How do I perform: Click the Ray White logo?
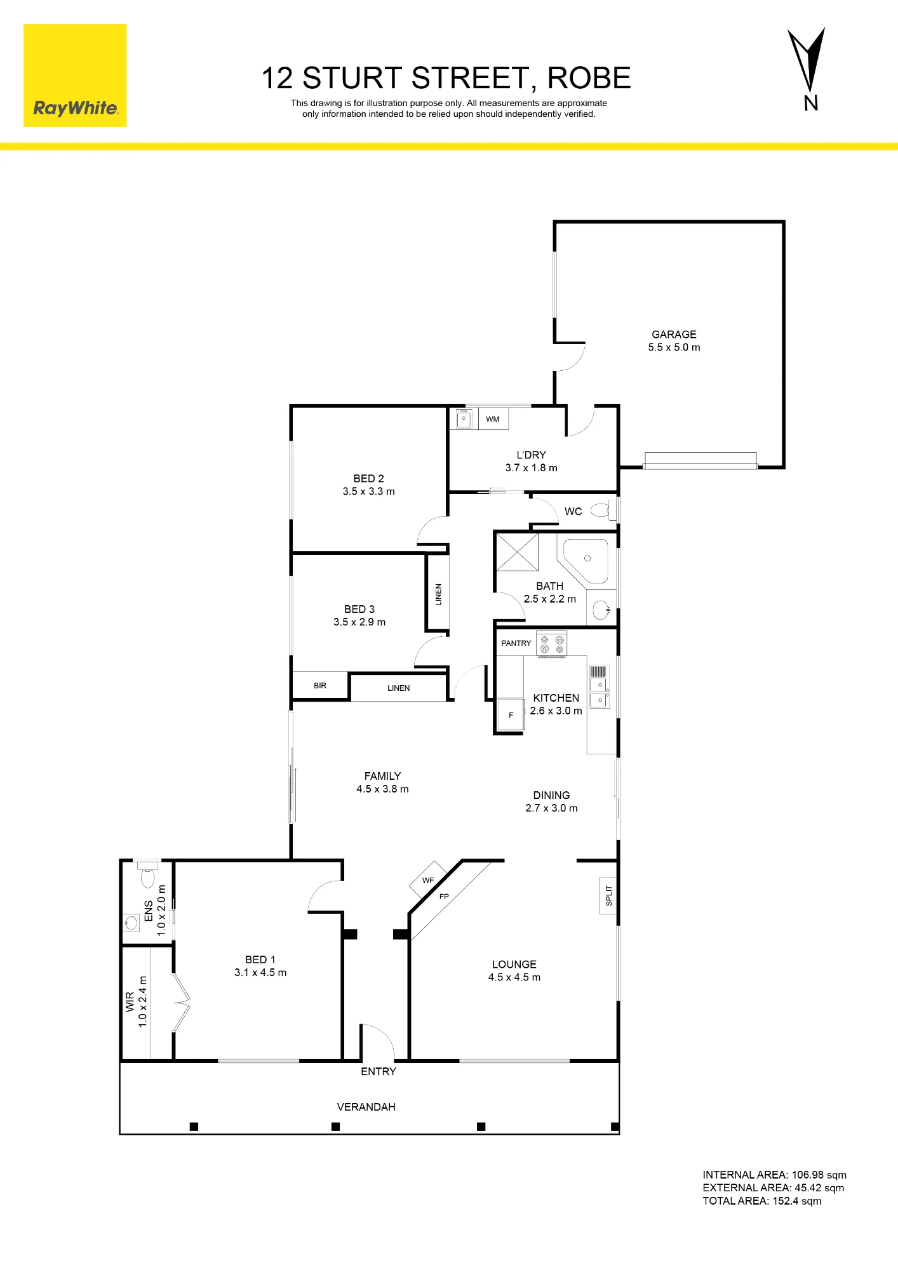[x=75, y=76]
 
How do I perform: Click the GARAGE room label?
[x=674, y=334]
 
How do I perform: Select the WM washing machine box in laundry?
[x=493, y=419]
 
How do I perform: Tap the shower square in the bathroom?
[x=517, y=552]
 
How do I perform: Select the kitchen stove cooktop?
[x=551, y=644]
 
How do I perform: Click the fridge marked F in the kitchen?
[x=511, y=715]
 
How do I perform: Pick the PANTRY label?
[x=516, y=643]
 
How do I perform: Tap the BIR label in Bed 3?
[x=320, y=686]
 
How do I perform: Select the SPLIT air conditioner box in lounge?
[x=608, y=895]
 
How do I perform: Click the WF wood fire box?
[x=428, y=879]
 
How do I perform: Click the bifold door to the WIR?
[x=180, y=1002]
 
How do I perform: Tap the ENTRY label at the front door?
[x=379, y=1072]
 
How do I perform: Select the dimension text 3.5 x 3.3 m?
[x=369, y=491]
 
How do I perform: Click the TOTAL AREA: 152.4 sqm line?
[x=762, y=1201]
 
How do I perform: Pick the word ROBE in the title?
[x=589, y=78]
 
